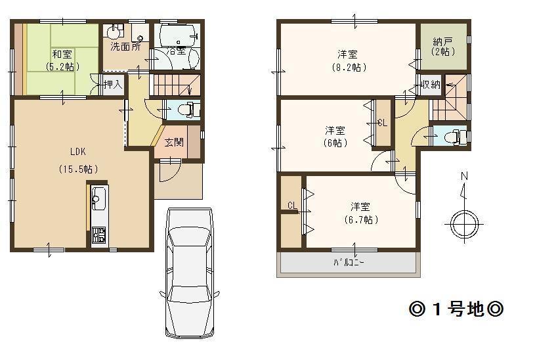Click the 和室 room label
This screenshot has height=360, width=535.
[x=62, y=55]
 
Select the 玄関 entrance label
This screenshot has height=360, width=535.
[x=174, y=143]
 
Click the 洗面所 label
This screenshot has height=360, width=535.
[x=125, y=47]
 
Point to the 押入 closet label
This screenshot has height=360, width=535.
[x=113, y=84]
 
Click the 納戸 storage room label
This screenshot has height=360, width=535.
[x=443, y=41]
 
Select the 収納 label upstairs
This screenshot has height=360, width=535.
[x=431, y=84]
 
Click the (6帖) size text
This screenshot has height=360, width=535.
[x=335, y=143]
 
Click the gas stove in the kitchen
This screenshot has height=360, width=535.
[x=98, y=235]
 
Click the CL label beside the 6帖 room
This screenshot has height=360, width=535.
[x=383, y=122]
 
